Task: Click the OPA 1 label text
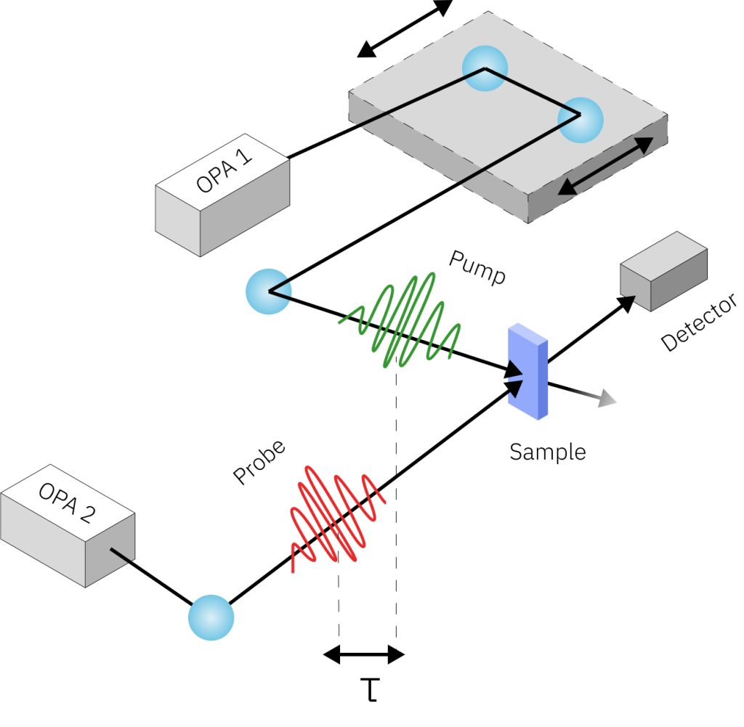coord(225,173)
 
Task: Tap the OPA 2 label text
coord(66,503)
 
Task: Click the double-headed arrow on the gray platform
coord(605,166)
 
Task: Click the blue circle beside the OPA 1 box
coord(268,291)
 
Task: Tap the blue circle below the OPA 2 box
coord(211,617)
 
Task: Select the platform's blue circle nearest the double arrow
coord(580,120)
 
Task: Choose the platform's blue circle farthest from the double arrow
coord(485,68)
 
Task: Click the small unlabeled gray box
coord(663,271)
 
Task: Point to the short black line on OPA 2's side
coord(121,555)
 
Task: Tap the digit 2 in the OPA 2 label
coord(86,514)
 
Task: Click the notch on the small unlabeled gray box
coord(630,297)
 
